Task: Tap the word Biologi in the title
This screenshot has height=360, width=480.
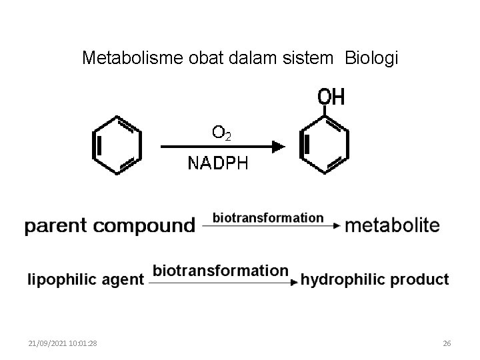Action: tap(371, 59)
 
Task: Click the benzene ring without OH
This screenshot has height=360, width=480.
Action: tap(117, 145)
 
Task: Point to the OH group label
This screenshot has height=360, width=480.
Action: tap(331, 97)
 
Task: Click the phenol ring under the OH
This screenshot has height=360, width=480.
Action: tap(325, 145)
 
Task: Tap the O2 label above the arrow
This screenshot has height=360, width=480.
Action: tap(221, 133)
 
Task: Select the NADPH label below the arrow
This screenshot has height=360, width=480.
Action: tap(218, 163)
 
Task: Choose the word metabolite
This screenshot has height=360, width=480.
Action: tap(392, 225)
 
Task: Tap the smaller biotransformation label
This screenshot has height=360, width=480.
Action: tap(268, 217)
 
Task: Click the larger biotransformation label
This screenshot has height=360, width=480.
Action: tap(221, 271)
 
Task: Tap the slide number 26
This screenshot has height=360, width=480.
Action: tap(447, 343)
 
